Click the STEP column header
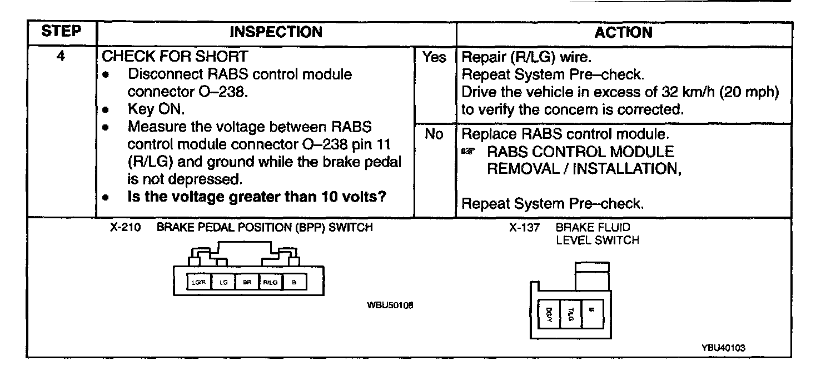pyautogui.click(x=61, y=32)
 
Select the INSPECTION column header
pyautogui.click(x=276, y=32)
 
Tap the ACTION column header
pyautogui.click(x=623, y=32)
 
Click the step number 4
pyautogui.click(x=61, y=57)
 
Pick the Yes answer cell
pyautogui.click(x=435, y=57)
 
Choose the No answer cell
pyautogui.click(x=435, y=134)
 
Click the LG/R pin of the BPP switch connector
pyautogui.click(x=198, y=283)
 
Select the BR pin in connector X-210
pyautogui.click(x=247, y=283)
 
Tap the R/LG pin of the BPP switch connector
pyautogui.click(x=271, y=283)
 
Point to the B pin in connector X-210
pyautogui.click(x=295, y=283)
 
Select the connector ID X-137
pyautogui.click(x=524, y=228)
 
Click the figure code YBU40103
pyautogui.click(x=723, y=348)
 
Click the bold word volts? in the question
pyautogui.click(x=364, y=197)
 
